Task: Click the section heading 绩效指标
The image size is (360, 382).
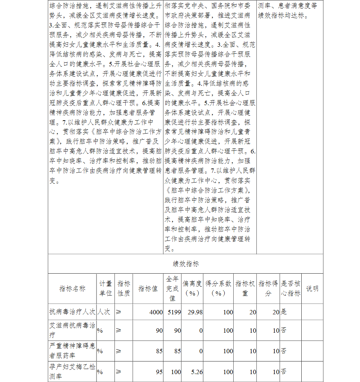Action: click(x=185, y=264)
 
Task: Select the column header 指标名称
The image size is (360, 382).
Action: click(x=72, y=288)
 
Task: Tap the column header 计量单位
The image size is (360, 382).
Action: click(x=105, y=288)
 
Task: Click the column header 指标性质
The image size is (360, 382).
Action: click(x=124, y=288)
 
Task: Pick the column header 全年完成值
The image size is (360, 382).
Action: click(x=172, y=288)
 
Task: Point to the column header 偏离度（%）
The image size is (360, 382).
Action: click(x=192, y=288)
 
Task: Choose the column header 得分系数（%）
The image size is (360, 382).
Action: click(x=218, y=288)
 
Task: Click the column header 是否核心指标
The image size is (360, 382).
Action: click(x=291, y=288)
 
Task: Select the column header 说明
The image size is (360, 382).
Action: click(x=312, y=288)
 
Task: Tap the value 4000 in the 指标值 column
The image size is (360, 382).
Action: click(x=156, y=312)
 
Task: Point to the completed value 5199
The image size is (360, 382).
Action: click(x=174, y=312)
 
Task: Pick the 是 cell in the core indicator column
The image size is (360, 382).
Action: click(x=284, y=312)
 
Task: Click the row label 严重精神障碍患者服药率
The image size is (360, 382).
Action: click(x=72, y=351)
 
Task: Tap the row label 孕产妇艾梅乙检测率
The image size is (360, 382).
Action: click(x=72, y=372)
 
